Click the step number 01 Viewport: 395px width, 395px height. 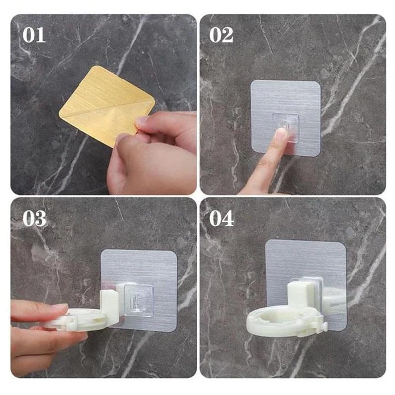[x=34, y=35]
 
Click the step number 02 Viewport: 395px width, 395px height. [x=221, y=35]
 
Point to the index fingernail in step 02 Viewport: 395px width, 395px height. [x=280, y=134]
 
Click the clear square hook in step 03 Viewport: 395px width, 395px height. [x=139, y=299]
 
